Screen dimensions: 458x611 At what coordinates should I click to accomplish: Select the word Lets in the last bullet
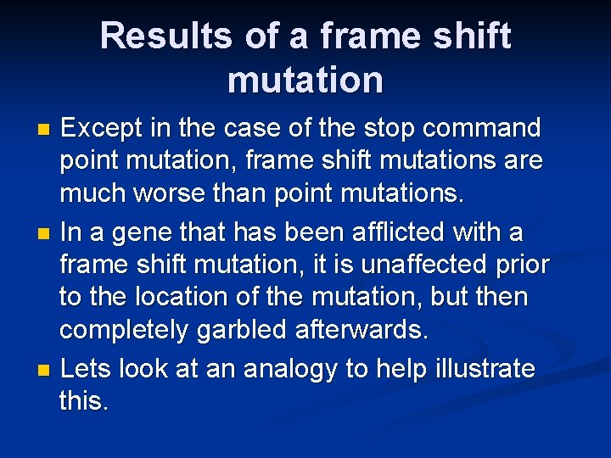87,369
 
